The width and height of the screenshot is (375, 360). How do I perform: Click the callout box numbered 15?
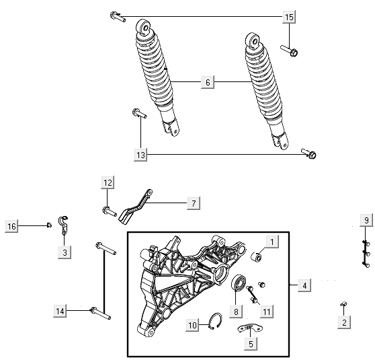[x=289, y=16]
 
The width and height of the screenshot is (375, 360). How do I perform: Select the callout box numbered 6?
[x=208, y=82]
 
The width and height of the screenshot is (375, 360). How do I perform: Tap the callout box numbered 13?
[x=140, y=155]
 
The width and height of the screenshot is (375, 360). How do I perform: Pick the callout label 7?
[x=192, y=203]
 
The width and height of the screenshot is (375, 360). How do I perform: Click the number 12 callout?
[x=108, y=182]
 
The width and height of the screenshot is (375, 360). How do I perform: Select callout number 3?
[x=65, y=252]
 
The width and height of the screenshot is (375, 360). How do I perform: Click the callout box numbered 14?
[x=61, y=310]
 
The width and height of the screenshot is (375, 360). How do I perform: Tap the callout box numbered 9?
[x=366, y=221]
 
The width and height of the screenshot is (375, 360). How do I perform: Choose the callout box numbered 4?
[x=304, y=286]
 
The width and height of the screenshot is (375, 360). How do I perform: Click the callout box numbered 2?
[x=344, y=324]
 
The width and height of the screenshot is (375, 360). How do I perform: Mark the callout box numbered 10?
[x=192, y=326]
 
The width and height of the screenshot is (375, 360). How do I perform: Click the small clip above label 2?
[x=343, y=305]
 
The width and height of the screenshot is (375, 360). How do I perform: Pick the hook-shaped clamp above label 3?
[x=64, y=225]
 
